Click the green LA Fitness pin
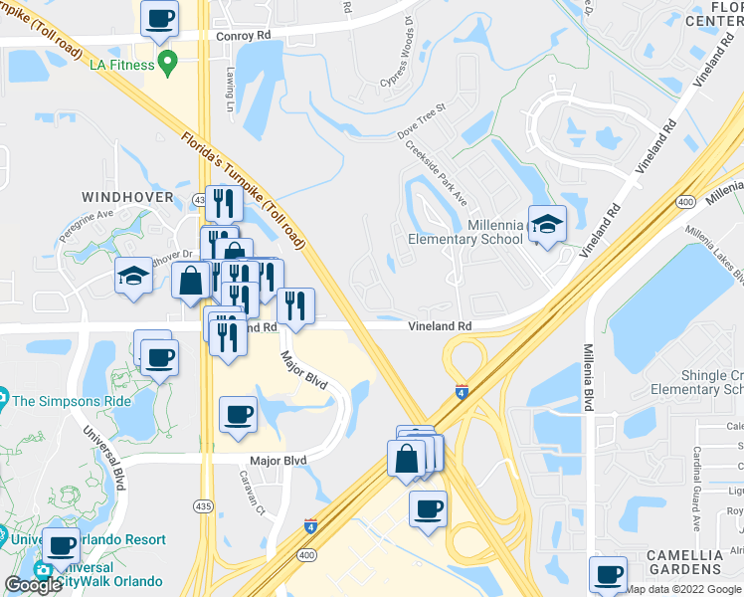[168, 66]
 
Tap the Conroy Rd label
[243, 36]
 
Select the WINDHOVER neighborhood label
[127, 197]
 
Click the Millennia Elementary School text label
[465, 232]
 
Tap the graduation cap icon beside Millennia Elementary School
[546, 224]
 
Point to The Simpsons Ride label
[72, 401]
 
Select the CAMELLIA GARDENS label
[682, 561]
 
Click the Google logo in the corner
[33, 585]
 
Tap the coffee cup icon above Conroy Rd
[159, 18]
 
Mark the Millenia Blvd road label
[590, 374]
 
